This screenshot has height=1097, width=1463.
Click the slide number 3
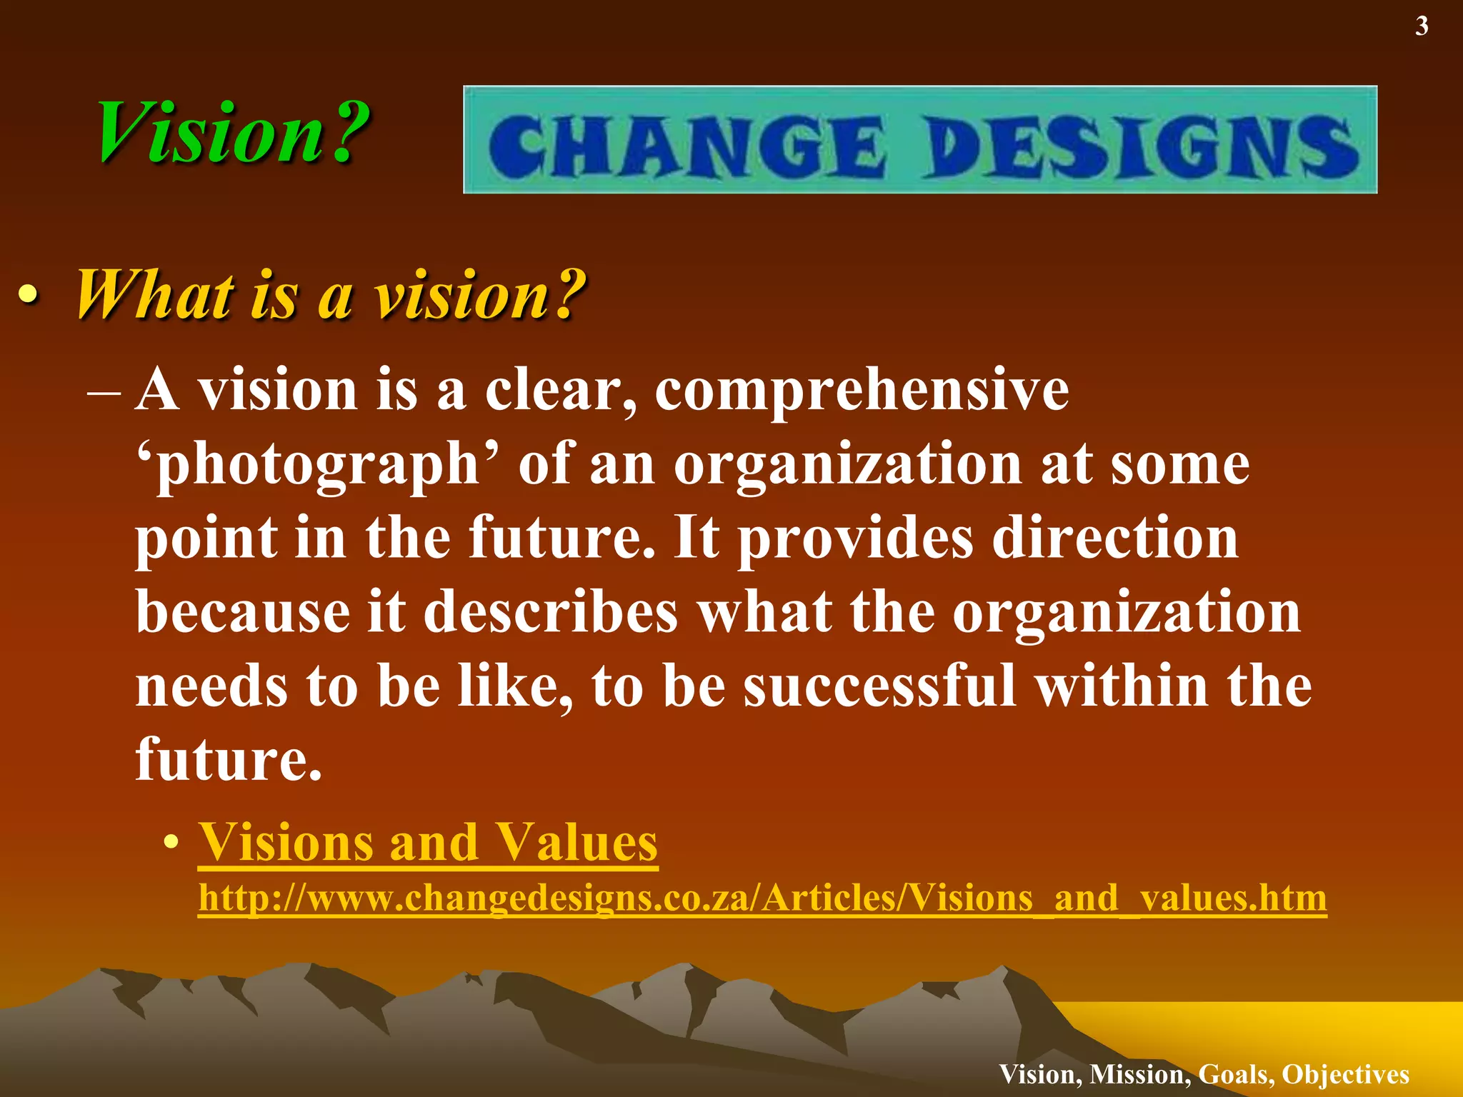(x=1422, y=26)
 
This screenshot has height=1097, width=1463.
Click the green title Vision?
(x=233, y=133)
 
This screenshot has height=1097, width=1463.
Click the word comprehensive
(x=862, y=391)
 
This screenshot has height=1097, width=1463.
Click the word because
(x=243, y=612)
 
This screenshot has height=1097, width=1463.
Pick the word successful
(x=879, y=686)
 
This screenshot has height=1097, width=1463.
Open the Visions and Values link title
(x=428, y=843)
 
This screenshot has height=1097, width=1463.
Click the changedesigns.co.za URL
(x=762, y=898)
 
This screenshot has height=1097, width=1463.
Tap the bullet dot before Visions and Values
(x=170, y=844)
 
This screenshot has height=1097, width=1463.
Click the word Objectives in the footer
(x=1345, y=1074)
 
